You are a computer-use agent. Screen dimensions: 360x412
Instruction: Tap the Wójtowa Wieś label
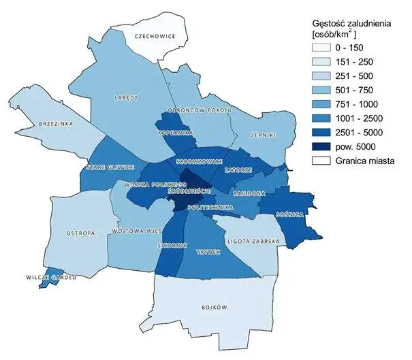131,231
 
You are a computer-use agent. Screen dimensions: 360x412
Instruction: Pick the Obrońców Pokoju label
202,110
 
